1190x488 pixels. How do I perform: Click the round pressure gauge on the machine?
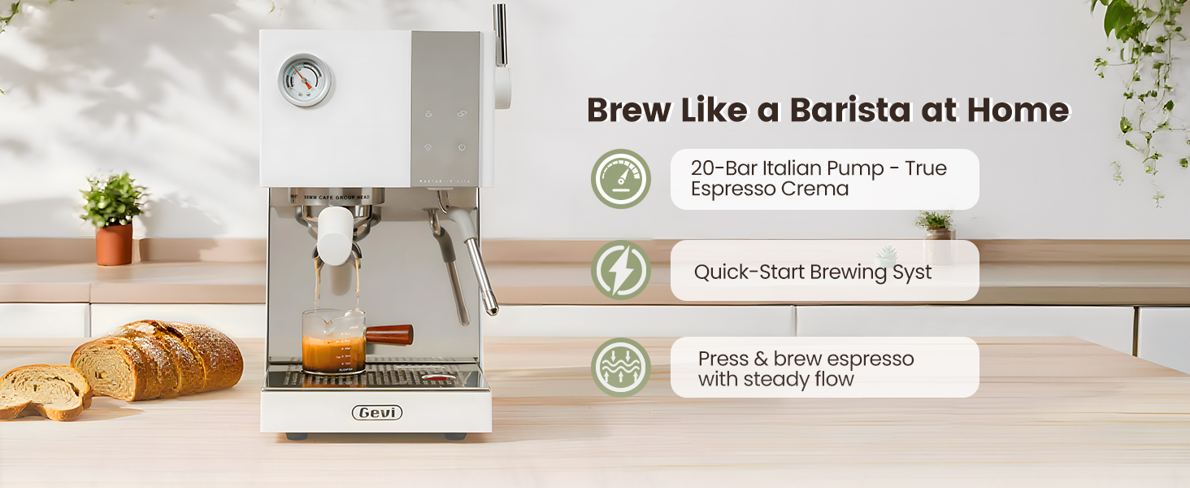(304, 80)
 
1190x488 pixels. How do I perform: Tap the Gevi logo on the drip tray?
(377, 413)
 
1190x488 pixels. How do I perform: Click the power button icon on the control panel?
(462, 147)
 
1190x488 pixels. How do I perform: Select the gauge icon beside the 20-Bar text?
(621, 179)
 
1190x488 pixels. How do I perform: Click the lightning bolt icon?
(621, 270)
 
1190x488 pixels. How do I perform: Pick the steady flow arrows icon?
(621, 367)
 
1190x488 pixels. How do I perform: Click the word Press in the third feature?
(723, 359)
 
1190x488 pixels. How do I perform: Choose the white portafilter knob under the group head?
(333, 234)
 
